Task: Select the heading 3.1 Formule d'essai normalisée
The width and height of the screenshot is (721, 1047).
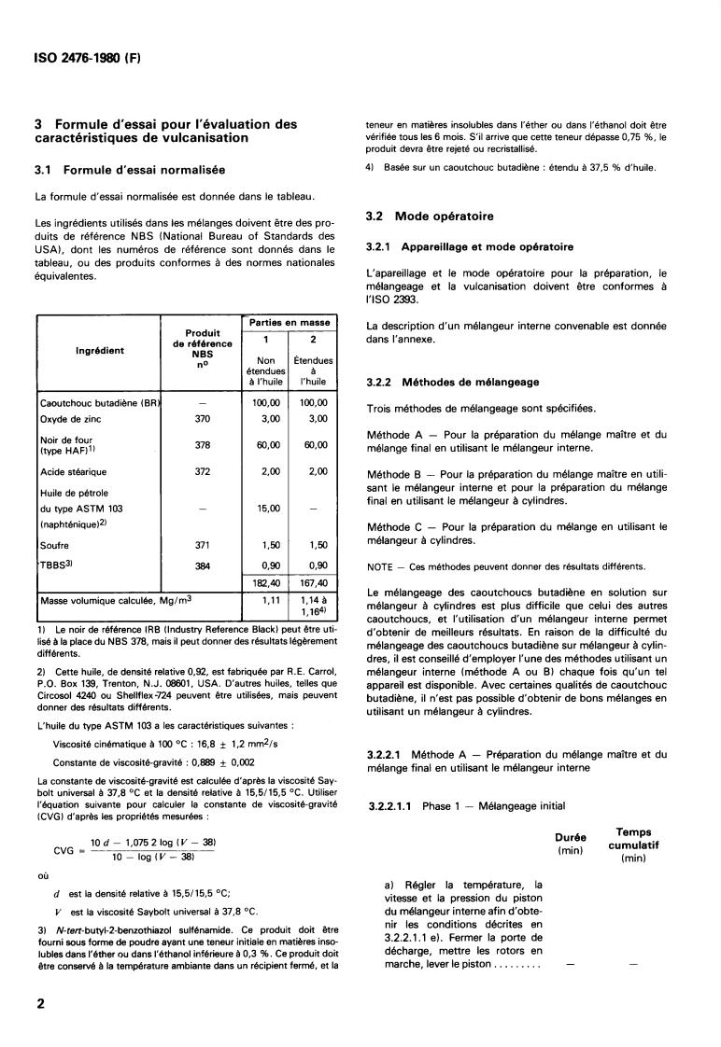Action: point(143,170)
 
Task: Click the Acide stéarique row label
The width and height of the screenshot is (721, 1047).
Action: point(74,471)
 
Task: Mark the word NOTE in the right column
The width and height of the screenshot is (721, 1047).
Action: point(379,566)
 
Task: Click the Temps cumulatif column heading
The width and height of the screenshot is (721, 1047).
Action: point(634,845)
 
